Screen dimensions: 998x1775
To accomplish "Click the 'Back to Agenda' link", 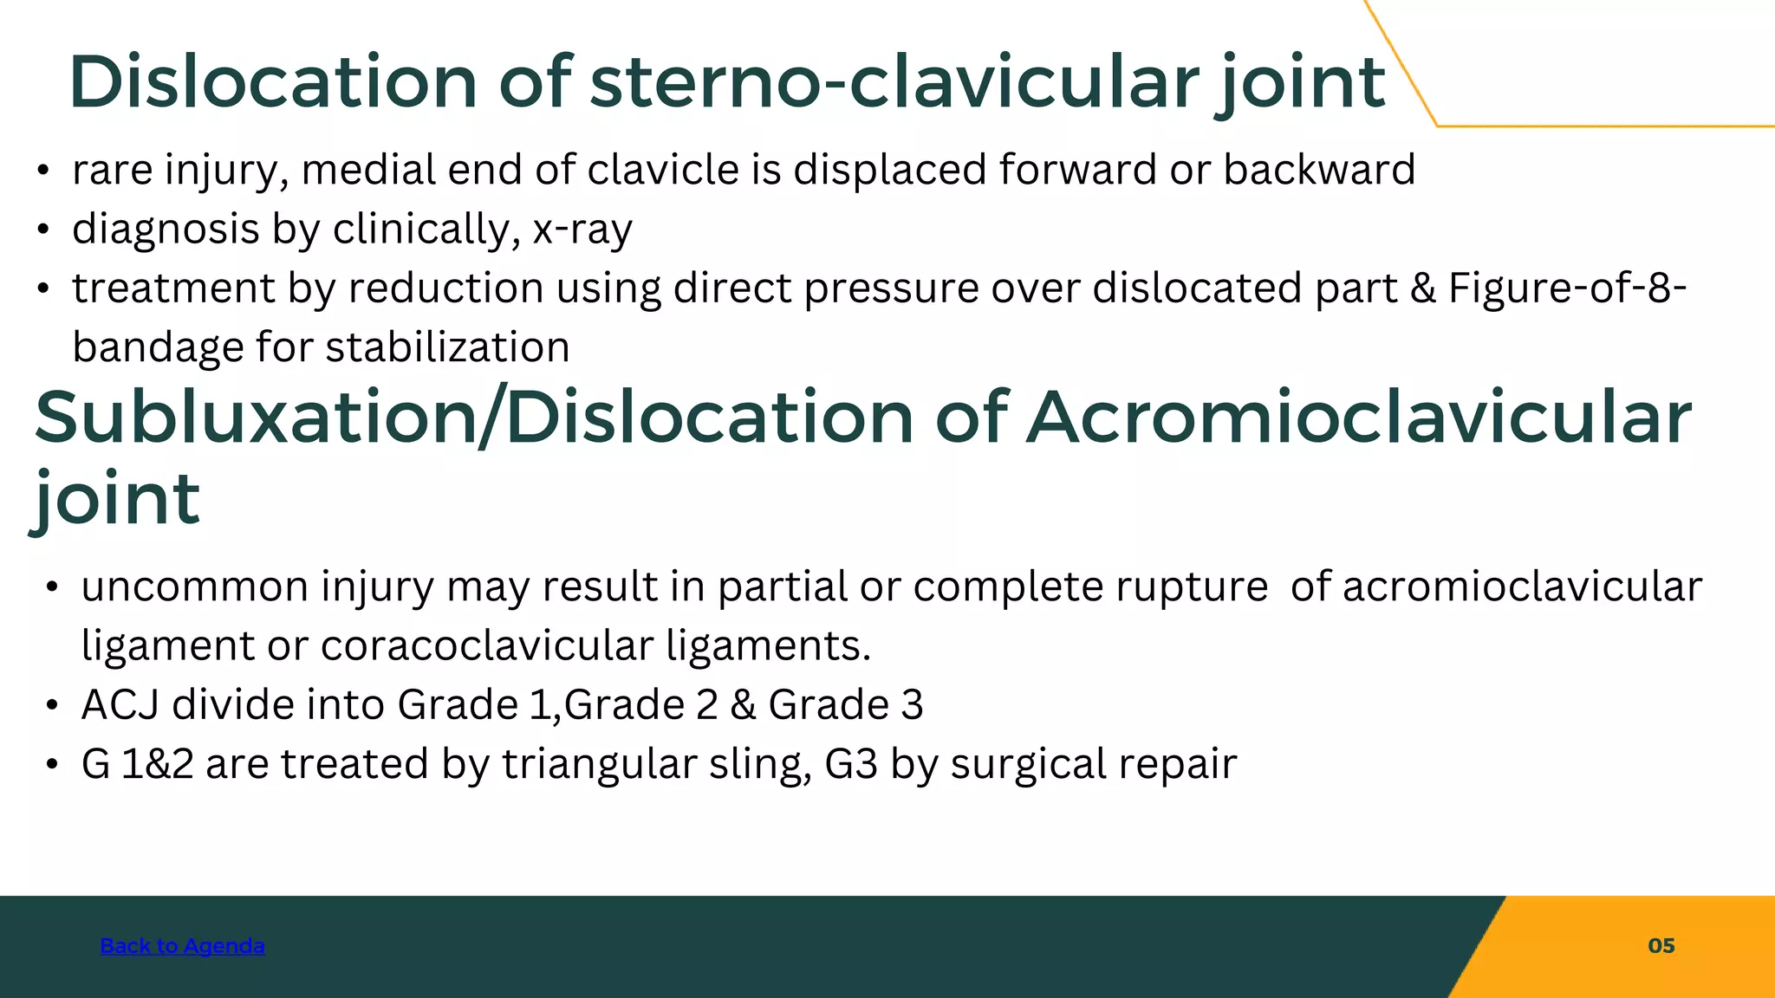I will [182, 945].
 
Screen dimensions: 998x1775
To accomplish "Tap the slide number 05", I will [1661, 945].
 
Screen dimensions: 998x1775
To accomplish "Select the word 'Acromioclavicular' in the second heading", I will [1358, 418].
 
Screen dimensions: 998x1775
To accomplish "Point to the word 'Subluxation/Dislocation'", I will [473, 418].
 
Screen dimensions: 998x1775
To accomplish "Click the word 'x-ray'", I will [582, 230].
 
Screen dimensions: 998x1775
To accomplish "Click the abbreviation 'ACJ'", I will [120, 704].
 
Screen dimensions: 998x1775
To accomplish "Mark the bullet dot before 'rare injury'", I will [42, 171].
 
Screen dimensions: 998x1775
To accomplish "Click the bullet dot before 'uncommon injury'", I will [52, 587].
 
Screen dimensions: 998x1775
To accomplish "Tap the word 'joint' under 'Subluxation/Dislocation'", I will [117, 501].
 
